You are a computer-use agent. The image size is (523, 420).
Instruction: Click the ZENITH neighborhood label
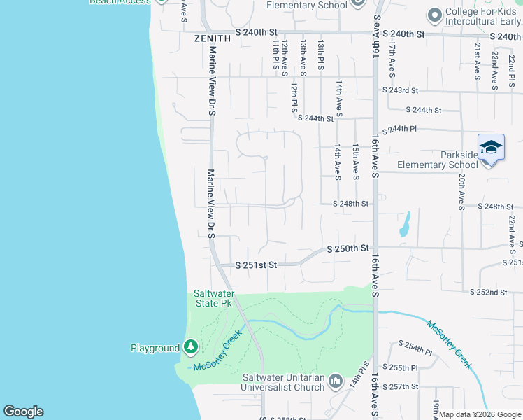[213, 38]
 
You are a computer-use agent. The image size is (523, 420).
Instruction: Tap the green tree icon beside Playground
[191, 347]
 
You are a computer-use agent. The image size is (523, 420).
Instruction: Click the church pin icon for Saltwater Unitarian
[336, 381]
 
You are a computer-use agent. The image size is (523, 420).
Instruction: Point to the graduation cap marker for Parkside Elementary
[491, 148]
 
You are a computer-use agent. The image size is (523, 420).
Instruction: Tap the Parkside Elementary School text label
[438, 160]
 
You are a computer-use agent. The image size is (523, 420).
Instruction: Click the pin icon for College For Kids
[435, 14]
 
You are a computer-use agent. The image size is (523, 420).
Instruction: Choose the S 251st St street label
[256, 265]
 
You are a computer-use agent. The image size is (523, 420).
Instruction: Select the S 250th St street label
[348, 248]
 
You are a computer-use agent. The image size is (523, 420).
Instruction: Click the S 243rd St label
[400, 90]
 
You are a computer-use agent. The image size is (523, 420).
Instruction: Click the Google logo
[23, 412]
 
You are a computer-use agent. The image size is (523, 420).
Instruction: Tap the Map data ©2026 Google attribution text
[479, 414]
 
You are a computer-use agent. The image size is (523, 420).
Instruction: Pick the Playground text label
[155, 348]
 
